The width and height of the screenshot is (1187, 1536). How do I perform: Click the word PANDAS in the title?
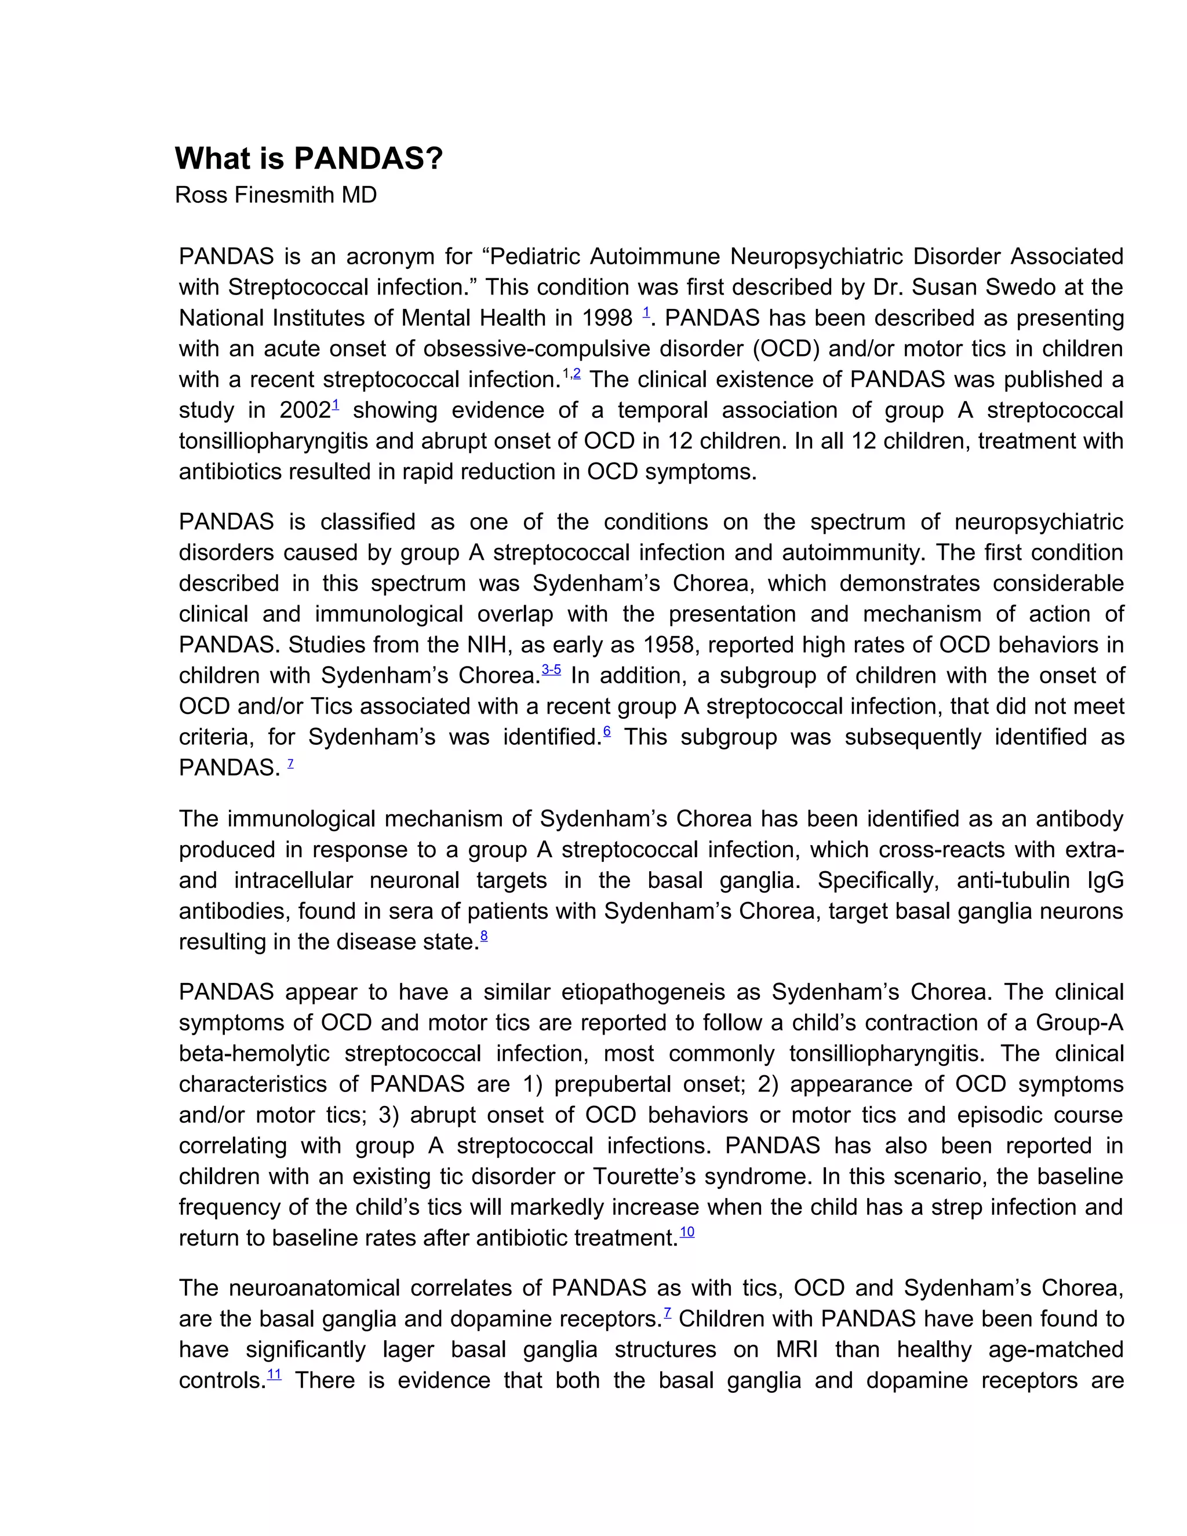click(368, 158)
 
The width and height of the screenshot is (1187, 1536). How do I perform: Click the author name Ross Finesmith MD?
click(276, 195)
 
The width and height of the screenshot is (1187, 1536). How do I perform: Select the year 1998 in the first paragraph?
click(607, 318)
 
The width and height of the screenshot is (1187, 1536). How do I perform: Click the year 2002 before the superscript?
click(304, 410)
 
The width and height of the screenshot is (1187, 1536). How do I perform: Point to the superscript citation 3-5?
click(551, 669)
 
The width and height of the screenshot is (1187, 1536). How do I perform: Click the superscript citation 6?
click(607, 731)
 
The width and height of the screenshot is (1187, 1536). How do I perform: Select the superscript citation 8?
click(484, 936)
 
